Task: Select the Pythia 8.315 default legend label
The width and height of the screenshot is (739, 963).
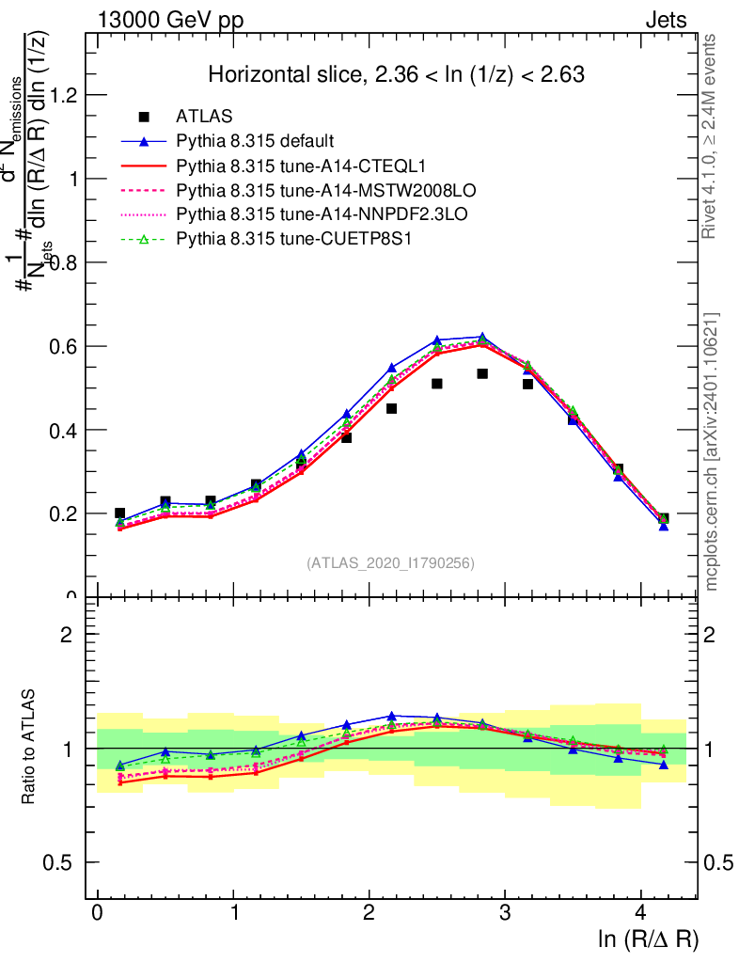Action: [255, 142]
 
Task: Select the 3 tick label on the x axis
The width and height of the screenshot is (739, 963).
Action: [505, 912]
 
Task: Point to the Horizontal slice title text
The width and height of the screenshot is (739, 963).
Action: [397, 74]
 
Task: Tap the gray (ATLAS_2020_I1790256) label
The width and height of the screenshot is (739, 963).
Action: [390, 563]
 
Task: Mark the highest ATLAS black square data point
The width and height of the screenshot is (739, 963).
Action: [482, 373]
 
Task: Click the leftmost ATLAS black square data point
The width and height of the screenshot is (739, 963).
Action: [119, 513]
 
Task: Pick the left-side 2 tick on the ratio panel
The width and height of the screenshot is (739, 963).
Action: [68, 634]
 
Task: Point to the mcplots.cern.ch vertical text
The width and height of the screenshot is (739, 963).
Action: [712, 451]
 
